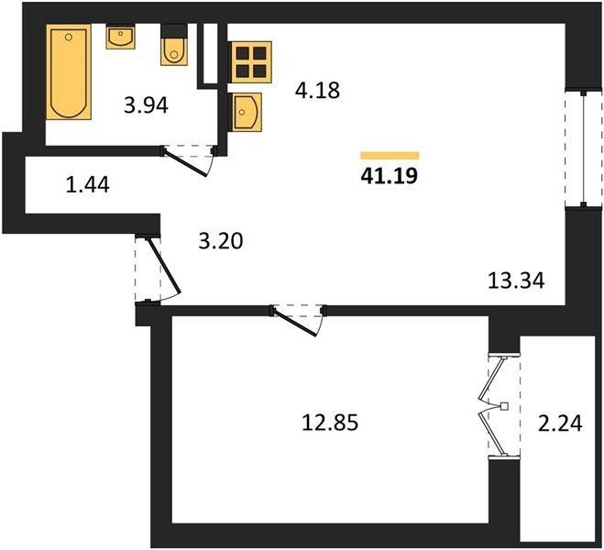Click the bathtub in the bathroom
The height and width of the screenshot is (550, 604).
tap(69, 72)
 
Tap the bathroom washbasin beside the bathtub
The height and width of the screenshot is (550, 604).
tap(121, 37)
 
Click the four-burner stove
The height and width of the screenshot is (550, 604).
tap(251, 62)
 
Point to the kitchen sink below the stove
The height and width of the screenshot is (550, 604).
tap(246, 112)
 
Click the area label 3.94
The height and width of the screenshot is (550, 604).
tap(146, 105)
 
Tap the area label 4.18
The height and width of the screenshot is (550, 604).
tap(317, 91)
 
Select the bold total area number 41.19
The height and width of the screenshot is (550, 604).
tap(389, 176)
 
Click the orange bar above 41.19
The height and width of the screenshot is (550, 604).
tap(390, 156)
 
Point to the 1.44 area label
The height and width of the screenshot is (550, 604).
tap(88, 184)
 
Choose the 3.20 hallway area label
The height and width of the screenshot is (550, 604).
tap(221, 241)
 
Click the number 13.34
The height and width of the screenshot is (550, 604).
tap(516, 280)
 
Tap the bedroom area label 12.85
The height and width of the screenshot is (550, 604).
tap(330, 423)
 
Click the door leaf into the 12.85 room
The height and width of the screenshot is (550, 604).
tap(295, 321)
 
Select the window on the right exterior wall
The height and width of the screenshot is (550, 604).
tap(584, 149)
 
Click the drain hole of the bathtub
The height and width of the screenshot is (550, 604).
tap(69, 37)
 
